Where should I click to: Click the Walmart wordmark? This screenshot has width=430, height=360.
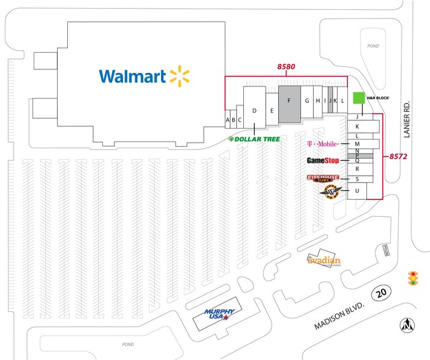tap(133, 76)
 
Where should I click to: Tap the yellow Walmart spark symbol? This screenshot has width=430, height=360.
tap(179, 75)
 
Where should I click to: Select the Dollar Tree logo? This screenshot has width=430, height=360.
tap(254, 139)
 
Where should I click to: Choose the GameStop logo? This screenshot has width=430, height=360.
tap(323, 161)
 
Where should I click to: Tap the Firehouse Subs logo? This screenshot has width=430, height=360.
tap(322, 178)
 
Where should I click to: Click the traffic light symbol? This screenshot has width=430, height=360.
tap(413, 279)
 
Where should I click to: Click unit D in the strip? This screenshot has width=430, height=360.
tap(255, 110)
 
